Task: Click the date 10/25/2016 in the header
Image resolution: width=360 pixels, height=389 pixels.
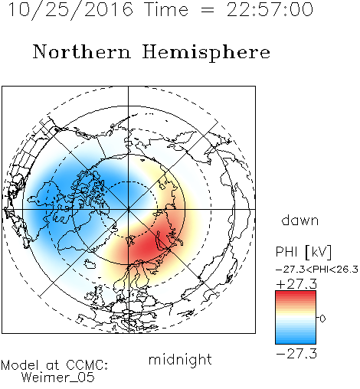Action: click(70, 10)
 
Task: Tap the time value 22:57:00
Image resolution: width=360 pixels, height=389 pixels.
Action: click(270, 10)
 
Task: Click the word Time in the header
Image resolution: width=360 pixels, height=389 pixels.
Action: click(166, 10)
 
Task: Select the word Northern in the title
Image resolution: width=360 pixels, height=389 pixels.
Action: click(82, 52)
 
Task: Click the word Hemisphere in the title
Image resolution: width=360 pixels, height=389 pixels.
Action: click(206, 53)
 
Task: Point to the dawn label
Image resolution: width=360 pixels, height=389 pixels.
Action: click(300, 220)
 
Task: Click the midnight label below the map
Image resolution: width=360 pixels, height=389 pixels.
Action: click(180, 360)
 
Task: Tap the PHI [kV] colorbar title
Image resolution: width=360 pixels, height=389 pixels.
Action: click(303, 252)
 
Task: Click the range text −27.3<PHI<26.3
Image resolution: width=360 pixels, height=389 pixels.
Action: click(317, 270)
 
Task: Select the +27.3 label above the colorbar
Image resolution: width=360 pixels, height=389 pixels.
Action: click(296, 284)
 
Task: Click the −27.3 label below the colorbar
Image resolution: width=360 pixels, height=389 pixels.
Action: click(296, 354)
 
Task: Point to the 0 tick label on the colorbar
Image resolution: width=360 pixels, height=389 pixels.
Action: click(322, 319)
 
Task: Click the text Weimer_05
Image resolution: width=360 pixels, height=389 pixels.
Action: click(58, 378)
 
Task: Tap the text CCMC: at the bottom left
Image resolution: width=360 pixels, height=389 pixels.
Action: click(87, 365)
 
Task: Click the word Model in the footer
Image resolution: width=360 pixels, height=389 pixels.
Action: click(20, 365)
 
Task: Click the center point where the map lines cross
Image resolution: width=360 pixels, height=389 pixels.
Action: click(128, 209)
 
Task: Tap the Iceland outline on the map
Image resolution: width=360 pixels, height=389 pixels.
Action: click(90, 264)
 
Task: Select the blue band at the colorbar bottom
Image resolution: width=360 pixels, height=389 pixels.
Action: click(296, 340)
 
